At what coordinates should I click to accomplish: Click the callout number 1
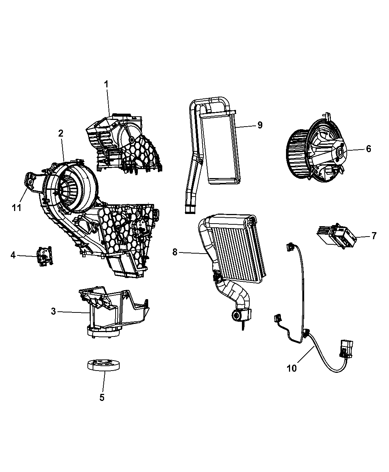point(106,84)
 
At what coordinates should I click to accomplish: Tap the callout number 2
point(61,133)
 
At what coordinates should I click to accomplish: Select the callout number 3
point(53,311)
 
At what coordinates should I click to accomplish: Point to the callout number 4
point(13,255)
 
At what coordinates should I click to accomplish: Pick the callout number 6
point(369,149)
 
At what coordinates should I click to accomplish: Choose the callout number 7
point(374,236)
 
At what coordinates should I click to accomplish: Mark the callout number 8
point(175,252)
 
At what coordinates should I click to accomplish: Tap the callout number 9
point(260,125)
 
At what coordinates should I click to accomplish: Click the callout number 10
point(292,368)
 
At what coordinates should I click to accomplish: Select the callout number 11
point(17,207)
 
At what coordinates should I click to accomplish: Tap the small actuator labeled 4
point(44,256)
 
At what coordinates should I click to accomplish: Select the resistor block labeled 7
point(336,236)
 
